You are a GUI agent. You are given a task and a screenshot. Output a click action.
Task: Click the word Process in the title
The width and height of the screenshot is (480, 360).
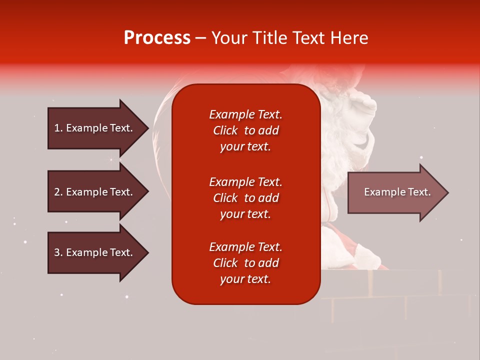point(157,38)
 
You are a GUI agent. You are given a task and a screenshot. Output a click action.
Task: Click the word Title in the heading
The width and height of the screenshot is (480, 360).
point(270,38)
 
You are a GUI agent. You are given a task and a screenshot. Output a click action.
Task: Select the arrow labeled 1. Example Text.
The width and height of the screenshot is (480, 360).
point(98,128)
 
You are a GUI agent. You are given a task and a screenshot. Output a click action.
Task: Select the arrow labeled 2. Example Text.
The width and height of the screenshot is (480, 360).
point(98,191)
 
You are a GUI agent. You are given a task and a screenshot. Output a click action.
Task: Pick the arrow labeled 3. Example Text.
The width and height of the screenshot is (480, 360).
point(98,253)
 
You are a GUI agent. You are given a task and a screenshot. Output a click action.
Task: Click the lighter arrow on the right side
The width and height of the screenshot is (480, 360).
point(398,192)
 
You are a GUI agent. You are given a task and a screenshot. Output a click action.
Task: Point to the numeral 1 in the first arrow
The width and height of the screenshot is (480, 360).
point(56,128)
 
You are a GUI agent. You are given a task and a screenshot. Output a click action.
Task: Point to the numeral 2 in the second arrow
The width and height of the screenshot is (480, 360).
point(57,192)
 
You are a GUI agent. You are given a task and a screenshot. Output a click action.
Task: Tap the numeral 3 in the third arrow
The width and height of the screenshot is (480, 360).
point(57,252)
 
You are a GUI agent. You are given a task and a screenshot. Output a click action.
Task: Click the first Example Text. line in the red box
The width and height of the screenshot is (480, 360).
point(246,114)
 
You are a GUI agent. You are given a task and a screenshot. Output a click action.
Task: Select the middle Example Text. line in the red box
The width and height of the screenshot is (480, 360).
point(246,182)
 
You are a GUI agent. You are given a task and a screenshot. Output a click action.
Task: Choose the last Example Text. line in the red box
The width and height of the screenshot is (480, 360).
point(246,247)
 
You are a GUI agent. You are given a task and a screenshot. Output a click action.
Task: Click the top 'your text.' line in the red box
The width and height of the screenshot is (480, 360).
point(245,147)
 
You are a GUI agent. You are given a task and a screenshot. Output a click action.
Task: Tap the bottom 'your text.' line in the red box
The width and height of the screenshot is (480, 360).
point(245,279)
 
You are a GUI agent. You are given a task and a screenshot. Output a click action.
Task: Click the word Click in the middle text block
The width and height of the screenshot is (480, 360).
point(225,198)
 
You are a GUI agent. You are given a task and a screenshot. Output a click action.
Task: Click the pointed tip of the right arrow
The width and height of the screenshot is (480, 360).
point(449,192)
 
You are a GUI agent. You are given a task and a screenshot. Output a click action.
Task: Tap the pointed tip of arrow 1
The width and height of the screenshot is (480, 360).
point(149,128)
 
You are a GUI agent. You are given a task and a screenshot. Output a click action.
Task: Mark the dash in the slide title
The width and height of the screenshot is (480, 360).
point(201,39)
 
